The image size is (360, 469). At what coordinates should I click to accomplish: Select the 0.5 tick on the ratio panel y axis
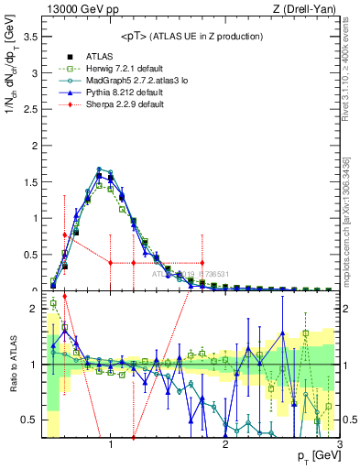[x=29, y=420]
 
